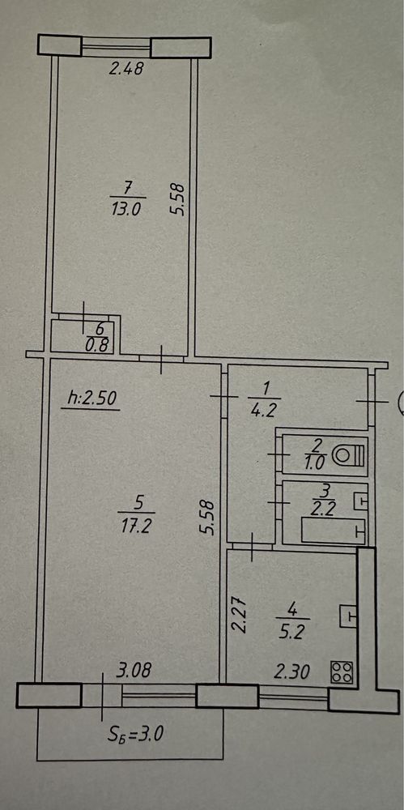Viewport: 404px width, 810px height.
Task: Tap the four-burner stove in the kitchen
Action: (x=342, y=672)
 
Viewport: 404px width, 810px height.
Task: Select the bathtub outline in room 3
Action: (x=333, y=531)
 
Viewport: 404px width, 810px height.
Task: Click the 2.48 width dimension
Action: (x=125, y=68)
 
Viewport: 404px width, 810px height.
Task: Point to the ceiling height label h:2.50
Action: (x=93, y=398)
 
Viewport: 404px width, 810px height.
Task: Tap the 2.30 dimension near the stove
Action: (x=292, y=672)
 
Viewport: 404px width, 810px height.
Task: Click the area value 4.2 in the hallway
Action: (x=263, y=411)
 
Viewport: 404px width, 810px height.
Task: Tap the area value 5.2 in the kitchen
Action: (x=292, y=631)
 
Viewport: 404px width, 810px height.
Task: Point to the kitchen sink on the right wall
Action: (x=349, y=616)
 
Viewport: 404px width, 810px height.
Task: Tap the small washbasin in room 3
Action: (x=360, y=499)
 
